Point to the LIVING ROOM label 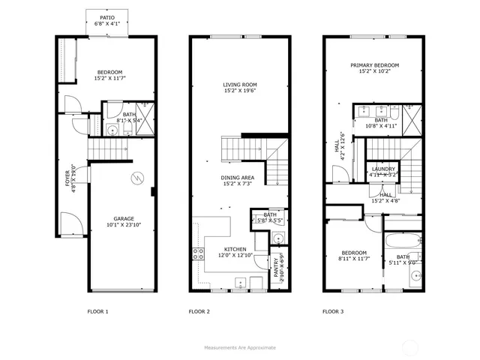240,85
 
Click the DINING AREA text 240,178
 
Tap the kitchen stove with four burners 199,253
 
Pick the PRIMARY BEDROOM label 374,66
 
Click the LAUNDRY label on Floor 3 383,169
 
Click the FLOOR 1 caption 97,310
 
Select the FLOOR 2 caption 199,310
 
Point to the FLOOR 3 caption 333,310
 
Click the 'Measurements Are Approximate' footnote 240,347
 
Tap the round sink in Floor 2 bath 276,238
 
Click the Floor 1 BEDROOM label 109,72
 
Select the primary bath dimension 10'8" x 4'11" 381,126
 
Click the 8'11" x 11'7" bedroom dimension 353,259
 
